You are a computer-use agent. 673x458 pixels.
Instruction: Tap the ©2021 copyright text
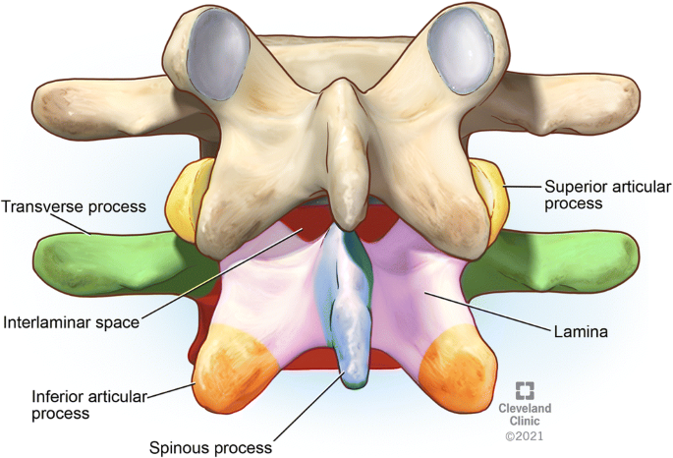(x=525, y=433)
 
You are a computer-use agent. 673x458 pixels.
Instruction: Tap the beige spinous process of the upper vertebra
(x=338, y=147)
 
